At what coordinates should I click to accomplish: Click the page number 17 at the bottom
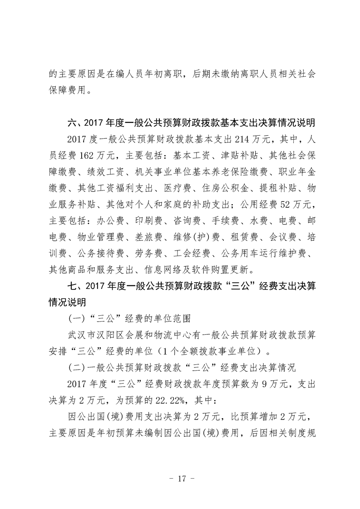pos(180,479)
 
